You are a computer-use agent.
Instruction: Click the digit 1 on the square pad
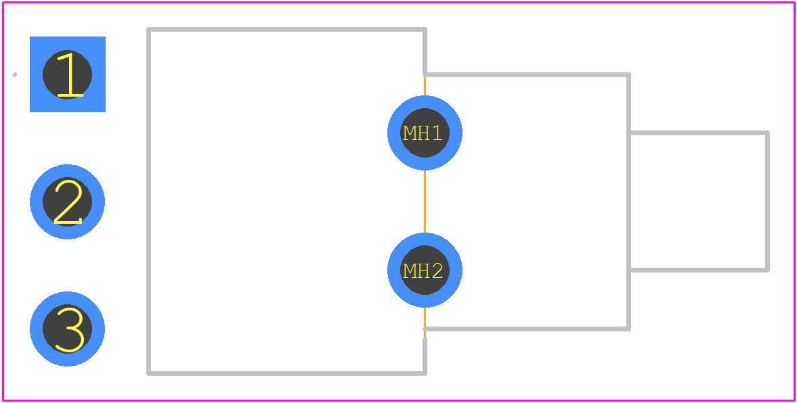[70, 74]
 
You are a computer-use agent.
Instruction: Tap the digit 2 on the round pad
[68, 201]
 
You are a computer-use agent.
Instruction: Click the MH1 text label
[423, 133]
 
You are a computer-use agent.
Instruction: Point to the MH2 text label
[423, 270]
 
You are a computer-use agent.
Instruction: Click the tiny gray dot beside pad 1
[15, 74]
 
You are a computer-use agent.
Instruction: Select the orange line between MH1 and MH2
[425, 201]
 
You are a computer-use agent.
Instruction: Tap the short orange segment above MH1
[425, 86]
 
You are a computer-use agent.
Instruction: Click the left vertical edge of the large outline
[148, 201]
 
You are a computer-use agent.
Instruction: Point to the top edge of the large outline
[286, 30]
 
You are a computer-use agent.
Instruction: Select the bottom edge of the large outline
[286, 373]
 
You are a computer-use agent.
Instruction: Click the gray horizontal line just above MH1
[527, 74]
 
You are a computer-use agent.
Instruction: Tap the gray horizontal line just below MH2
[527, 329]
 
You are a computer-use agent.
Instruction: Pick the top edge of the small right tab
[699, 133]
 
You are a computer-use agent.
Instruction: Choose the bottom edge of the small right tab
[699, 270]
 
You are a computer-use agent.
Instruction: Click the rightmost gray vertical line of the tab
[767, 201]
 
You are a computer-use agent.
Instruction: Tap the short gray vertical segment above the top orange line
[425, 52]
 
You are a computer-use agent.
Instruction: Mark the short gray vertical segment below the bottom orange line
[425, 356]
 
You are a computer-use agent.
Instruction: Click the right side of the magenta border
[794, 201]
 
